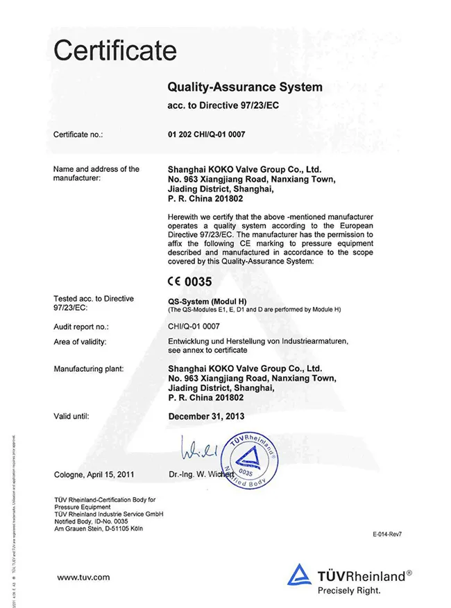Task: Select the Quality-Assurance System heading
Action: [245, 87]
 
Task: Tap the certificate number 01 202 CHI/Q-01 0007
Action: [207, 134]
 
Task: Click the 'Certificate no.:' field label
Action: [78, 134]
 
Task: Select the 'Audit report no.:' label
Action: [81, 326]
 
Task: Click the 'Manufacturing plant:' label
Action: [89, 369]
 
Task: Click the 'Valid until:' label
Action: [71, 417]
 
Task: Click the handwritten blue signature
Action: [198, 450]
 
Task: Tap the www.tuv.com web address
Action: [83, 577]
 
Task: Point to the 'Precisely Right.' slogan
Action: [349, 591]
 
